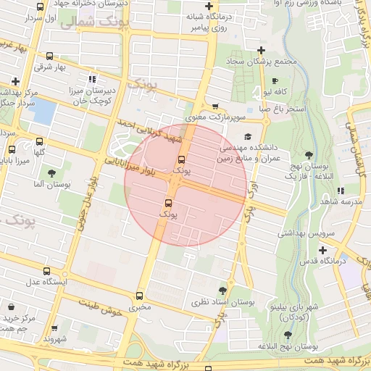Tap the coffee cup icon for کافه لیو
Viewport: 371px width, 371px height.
[275, 80]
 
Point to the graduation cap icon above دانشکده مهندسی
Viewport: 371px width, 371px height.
[248, 136]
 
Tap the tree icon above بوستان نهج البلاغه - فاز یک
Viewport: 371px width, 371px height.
[309, 154]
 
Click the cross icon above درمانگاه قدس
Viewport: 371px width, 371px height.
[322, 249]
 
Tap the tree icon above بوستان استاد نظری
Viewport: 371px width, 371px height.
[222, 290]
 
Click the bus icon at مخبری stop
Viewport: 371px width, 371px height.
[140, 295]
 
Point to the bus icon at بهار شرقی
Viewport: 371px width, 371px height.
[49, 56]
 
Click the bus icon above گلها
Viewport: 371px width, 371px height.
[39, 141]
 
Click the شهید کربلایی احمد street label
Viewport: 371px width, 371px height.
[149, 131]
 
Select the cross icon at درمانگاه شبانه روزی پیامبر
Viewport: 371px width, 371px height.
[209, 7]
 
